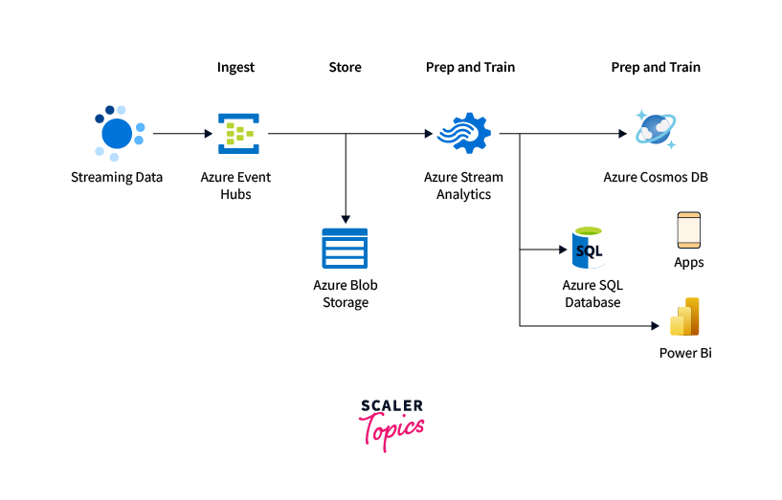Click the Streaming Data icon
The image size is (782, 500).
118,133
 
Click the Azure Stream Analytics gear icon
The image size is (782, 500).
463,133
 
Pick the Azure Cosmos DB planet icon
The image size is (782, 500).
655,131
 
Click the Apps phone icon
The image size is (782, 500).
688,230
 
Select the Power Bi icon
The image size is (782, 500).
685,317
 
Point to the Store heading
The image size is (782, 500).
345,68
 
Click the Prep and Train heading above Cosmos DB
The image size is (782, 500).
656,68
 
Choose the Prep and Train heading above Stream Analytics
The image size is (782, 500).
470,68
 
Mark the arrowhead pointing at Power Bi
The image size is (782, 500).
656,326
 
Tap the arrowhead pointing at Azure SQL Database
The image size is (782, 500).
565,250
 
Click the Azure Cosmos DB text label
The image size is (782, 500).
656,177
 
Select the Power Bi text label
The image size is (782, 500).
685,353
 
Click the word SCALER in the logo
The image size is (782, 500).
391,406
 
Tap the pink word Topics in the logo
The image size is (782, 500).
391,429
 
